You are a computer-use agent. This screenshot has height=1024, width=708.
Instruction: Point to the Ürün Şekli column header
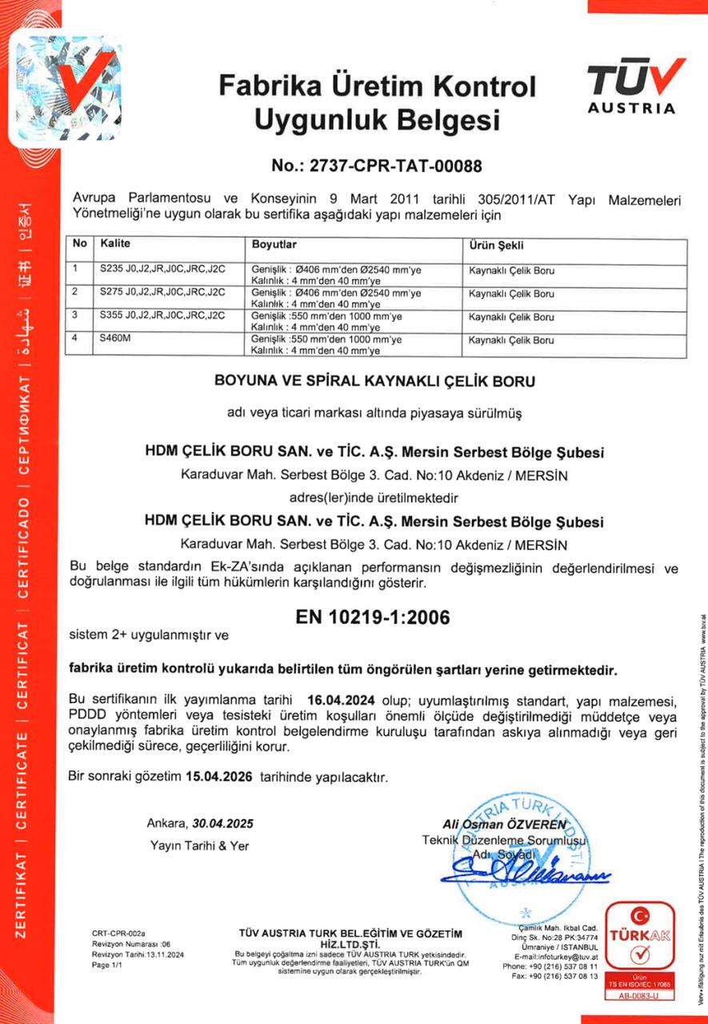(x=497, y=245)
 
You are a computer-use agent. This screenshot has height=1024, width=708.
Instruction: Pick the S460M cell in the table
(x=115, y=340)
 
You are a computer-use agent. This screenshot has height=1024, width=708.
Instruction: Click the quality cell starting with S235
(x=161, y=270)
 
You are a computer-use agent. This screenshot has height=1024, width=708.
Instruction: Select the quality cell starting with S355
(x=161, y=317)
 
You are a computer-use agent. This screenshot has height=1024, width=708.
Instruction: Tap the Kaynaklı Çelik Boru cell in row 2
(x=512, y=294)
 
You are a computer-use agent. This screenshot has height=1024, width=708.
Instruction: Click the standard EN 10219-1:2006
(x=372, y=618)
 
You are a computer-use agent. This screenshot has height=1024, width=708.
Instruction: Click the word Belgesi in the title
(x=434, y=120)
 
